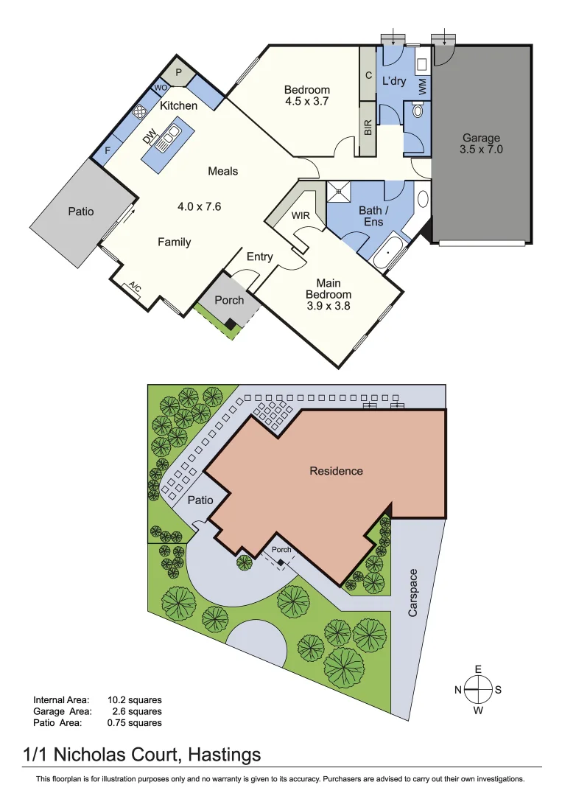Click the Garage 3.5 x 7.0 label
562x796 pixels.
tap(481, 143)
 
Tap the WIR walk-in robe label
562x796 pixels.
tap(301, 216)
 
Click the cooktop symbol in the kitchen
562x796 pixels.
tap(140, 111)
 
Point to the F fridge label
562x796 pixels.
tap(108, 150)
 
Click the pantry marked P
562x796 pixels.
tap(178, 73)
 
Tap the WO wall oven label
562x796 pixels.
tap(160, 88)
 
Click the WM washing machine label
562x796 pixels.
tap(422, 85)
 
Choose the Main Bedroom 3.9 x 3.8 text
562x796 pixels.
tap(329, 294)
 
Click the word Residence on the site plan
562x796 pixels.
tap(336, 471)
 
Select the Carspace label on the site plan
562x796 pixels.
tap(413, 593)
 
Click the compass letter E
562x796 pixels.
tap(478, 669)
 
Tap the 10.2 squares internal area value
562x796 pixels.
tap(134, 699)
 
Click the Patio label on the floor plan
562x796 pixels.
tap(81, 212)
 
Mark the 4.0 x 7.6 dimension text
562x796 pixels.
tap(199, 207)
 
